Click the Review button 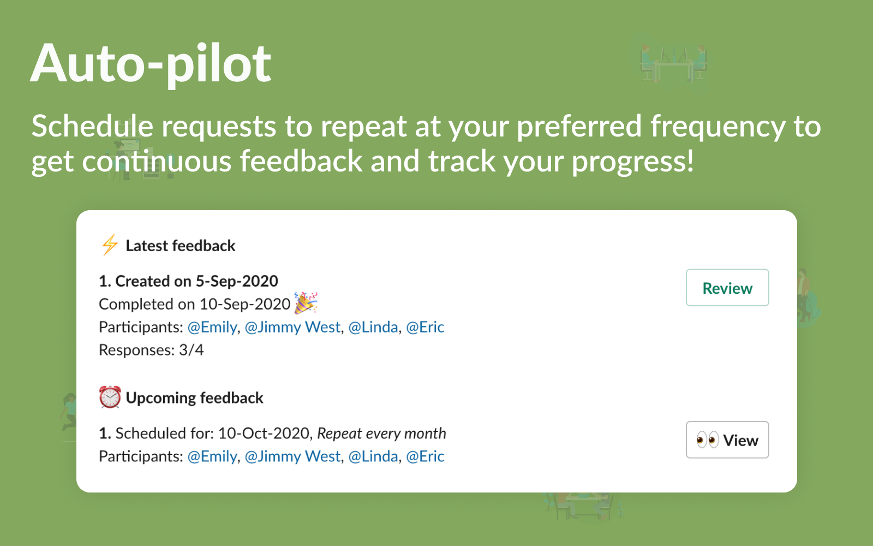pos(727,287)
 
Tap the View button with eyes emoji pos(727,440)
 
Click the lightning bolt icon pos(110,245)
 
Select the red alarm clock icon pos(110,397)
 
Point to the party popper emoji pos(306,302)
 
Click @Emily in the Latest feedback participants pos(212,327)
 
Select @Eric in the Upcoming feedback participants pos(425,456)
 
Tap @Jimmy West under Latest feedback pos(292,327)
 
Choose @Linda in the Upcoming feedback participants pos(373,456)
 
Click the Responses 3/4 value pos(191,350)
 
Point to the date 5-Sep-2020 pos(237,281)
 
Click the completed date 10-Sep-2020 pos(245,304)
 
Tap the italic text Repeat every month pos(381,434)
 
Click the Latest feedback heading pos(181,246)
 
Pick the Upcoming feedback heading pos(194,398)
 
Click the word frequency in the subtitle pos(717,127)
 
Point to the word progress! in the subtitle pos(632,162)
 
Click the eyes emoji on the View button pos(707,440)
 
